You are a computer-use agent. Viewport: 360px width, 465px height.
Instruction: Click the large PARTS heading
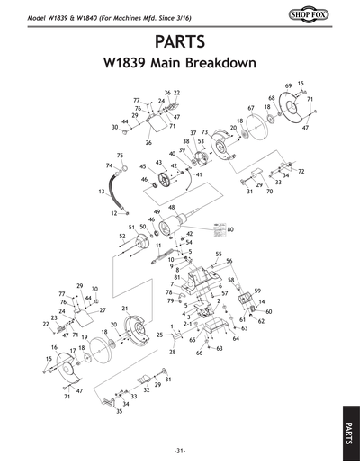[179, 42]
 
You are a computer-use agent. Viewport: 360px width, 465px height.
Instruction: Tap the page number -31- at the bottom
[179, 450]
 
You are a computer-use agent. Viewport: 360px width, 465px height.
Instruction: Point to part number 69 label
[289, 85]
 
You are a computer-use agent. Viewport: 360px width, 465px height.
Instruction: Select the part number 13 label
[101, 192]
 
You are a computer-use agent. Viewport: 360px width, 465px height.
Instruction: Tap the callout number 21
[126, 309]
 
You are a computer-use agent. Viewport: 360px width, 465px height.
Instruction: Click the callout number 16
[54, 346]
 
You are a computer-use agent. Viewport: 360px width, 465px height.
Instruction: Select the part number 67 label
[251, 108]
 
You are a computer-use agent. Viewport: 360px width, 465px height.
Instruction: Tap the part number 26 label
[148, 142]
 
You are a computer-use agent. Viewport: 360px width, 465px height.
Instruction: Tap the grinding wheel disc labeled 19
[101, 355]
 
